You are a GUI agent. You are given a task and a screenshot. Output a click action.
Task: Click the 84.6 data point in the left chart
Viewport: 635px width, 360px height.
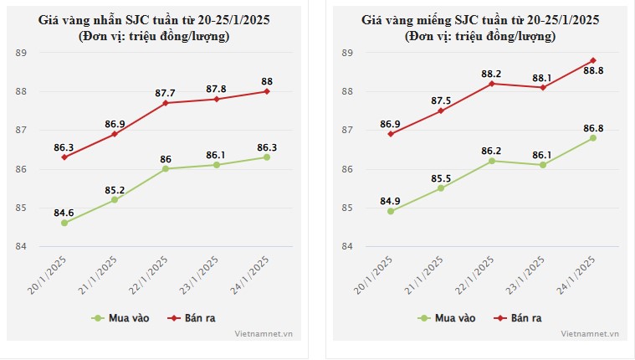point(64,223)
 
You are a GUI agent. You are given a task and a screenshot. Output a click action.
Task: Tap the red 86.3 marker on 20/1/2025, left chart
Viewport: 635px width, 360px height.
point(64,157)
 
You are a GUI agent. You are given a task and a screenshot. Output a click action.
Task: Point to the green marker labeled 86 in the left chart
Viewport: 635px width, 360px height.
point(166,168)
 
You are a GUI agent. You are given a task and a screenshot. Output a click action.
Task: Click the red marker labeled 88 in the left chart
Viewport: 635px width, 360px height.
point(267,91)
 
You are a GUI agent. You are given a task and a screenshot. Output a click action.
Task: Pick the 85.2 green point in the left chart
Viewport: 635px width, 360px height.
point(115,199)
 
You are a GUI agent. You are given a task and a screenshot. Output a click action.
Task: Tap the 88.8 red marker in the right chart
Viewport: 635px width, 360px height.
point(593,60)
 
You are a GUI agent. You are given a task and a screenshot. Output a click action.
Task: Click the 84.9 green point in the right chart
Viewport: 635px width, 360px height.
point(391,211)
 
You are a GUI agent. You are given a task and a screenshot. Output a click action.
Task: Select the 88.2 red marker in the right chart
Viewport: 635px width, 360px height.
point(492,84)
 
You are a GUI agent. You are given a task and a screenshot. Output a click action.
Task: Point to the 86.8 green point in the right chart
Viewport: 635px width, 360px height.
point(593,137)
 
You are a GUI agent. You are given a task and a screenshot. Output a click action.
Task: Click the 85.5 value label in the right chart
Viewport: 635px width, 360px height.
point(441,177)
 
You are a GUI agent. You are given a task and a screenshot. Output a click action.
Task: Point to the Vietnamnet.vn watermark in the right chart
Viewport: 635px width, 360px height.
point(591,333)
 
